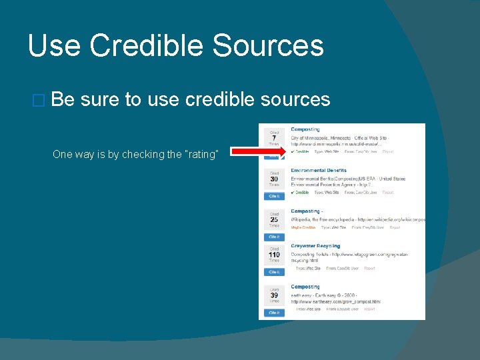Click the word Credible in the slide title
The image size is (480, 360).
(x=153, y=46)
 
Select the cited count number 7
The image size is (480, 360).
(x=274, y=138)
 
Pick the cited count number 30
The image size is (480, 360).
(x=274, y=179)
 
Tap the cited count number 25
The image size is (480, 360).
(x=274, y=219)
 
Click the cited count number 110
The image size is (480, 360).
(x=274, y=255)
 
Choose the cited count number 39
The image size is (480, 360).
(x=274, y=295)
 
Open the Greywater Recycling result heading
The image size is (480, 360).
(x=315, y=246)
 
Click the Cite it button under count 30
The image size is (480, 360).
(x=274, y=196)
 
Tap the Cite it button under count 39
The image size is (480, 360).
(x=274, y=312)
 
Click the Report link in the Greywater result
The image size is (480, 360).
(x=369, y=268)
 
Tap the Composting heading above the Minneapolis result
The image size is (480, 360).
(x=305, y=129)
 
